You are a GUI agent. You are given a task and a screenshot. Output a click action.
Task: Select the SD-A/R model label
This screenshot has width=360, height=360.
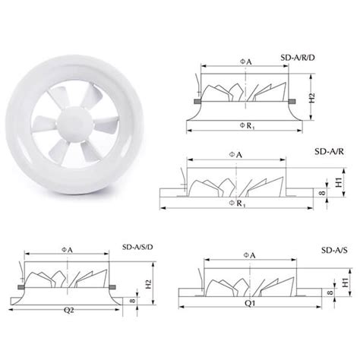[332, 151]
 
